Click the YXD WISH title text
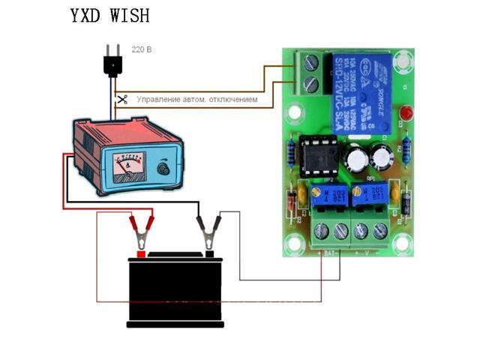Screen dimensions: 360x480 click(x=109, y=16)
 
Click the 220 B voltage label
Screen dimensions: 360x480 click(x=142, y=50)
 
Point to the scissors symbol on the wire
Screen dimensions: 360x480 click(x=122, y=98)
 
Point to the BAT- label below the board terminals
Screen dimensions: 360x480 click(x=328, y=252)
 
